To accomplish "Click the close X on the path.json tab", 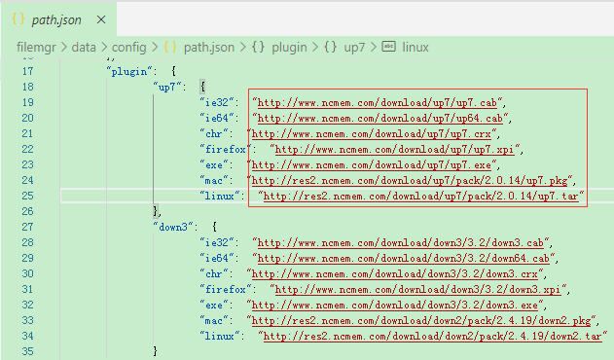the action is coord(101,19).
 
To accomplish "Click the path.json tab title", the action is coord(56,20).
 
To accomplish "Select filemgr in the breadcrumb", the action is coord(36,48).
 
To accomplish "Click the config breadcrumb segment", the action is coord(128,48).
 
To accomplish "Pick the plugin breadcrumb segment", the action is coord(289,48).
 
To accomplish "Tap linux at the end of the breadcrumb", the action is coord(415,48).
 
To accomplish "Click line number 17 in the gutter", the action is coord(27,71).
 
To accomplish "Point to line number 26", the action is coord(27,211).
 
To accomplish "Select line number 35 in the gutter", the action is coord(27,351).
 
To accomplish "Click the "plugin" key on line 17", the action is coord(128,72).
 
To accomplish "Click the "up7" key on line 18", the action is coord(168,87).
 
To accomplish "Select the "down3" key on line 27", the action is coord(172,228).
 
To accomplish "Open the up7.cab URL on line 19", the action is coord(378,102).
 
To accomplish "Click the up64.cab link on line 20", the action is coord(380,119).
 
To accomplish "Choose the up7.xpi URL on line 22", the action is coord(395,149).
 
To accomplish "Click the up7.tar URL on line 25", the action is coord(421,196).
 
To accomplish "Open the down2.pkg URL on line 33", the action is coord(421,321).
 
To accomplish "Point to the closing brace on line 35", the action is coord(156,351).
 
